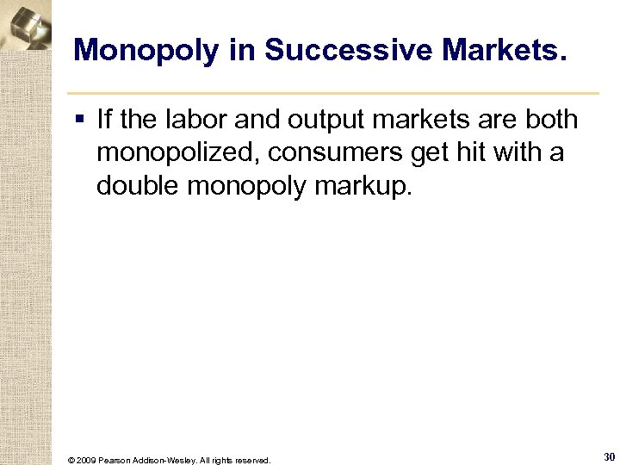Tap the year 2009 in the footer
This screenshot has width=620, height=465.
pyautogui.click(x=88, y=460)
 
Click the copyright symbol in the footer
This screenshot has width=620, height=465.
pyautogui.click(x=71, y=460)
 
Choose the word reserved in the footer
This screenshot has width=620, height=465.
pyautogui.click(x=251, y=460)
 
